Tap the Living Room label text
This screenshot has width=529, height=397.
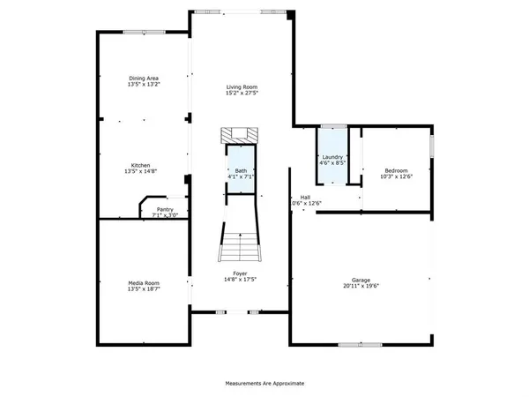pos(242,86)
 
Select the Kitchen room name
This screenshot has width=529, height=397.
pos(141,165)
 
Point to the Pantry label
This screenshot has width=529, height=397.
pos(165,209)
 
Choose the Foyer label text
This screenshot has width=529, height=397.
pos(241,273)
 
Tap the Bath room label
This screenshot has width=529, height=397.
pos(241,170)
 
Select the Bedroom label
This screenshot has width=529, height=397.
pos(397,170)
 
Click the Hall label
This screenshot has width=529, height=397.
pos(305,197)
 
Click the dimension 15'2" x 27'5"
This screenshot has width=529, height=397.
pos(242,94)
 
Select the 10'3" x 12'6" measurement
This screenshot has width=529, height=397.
pos(397,177)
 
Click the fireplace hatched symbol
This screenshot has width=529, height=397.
pos(241,135)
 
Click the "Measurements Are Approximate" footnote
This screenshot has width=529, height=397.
pos(264,384)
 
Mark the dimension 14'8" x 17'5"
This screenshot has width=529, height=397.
pos(241,280)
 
